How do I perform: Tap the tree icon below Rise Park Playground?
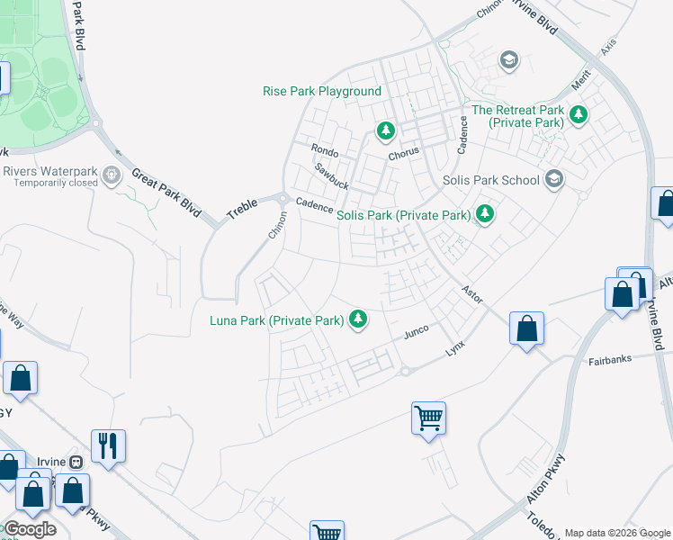(386, 132)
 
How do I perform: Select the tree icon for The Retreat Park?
(578, 115)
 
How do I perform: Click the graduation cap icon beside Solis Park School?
(555, 179)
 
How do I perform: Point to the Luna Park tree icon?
(358, 319)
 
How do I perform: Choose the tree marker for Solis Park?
(485, 214)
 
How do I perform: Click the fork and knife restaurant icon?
(108, 445)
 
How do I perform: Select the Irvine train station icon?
(76, 462)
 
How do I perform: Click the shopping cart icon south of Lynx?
(429, 417)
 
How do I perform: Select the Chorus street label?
(403, 154)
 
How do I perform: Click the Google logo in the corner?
(30, 529)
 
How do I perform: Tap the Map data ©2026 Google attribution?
(617, 533)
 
